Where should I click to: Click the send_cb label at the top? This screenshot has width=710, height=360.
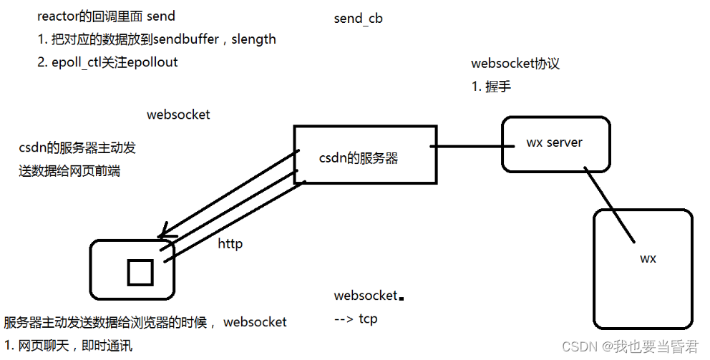point(358,19)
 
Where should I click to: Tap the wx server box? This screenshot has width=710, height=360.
point(555,144)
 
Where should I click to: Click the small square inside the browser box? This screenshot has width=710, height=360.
point(140,273)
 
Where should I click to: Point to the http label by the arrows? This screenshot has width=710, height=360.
point(230,244)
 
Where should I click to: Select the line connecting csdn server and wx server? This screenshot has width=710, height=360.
point(469,147)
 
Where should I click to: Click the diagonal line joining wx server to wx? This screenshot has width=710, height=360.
point(608,205)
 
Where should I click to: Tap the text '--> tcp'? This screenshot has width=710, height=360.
point(356,318)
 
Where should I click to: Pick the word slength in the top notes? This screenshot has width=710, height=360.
point(253,39)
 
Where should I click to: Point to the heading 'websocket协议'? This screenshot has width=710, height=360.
point(515,64)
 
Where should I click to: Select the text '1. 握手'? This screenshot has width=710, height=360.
point(490,87)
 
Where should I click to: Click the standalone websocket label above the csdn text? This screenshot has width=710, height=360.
point(178,115)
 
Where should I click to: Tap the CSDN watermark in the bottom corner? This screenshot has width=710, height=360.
point(630,346)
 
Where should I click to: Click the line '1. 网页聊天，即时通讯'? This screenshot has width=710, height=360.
point(68,346)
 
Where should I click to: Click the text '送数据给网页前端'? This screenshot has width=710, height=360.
point(69,171)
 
